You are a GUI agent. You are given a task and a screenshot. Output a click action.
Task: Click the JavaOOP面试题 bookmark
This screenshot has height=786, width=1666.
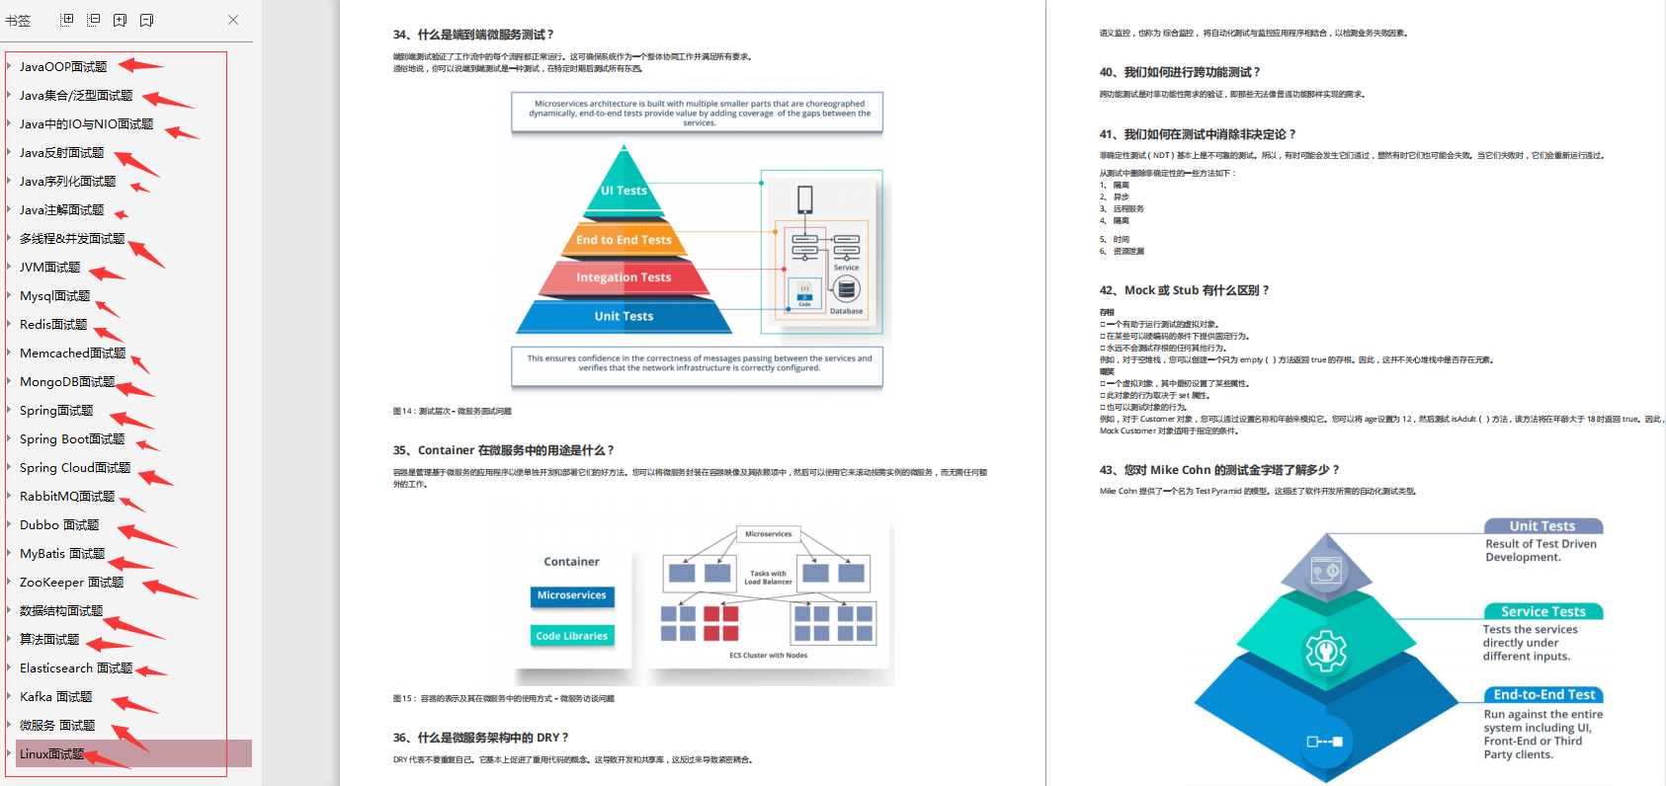(x=63, y=67)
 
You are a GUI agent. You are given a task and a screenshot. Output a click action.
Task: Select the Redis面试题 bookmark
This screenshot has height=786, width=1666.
(x=53, y=325)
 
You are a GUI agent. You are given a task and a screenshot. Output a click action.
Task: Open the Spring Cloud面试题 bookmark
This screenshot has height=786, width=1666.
(x=75, y=468)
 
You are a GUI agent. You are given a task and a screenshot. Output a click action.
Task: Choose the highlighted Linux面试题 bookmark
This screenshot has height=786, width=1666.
(x=51, y=754)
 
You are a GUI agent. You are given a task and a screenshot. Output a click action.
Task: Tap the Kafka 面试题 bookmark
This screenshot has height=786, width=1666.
(x=55, y=697)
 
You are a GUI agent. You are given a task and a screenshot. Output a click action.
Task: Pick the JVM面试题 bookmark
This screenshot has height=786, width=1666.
(x=49, y=268)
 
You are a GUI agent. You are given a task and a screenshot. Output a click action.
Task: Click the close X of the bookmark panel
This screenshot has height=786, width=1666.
(x=233, y=20)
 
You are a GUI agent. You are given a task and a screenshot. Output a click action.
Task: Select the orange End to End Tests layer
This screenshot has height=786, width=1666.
(x=624, y=240)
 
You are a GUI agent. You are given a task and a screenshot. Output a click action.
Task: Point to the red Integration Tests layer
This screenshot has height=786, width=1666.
(x=624, y=277)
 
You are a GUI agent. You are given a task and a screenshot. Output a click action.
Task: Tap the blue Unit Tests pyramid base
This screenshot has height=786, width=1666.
(x=624, y=316)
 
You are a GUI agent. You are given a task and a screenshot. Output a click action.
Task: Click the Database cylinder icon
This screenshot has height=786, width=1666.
(x=846, y=290)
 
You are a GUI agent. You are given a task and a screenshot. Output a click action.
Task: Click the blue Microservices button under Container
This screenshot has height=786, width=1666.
(x=571, y=595)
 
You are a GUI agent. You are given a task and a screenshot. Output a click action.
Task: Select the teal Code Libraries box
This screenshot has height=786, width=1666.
(x=571, y=636)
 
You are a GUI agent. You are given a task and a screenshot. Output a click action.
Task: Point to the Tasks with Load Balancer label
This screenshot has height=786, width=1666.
(x=768, y=578)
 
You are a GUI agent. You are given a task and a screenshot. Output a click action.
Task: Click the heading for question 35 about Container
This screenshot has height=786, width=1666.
(x=503, y=450)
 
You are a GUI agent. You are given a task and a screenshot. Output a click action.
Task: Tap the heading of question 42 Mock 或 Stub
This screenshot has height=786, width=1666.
(x=1184, y=290)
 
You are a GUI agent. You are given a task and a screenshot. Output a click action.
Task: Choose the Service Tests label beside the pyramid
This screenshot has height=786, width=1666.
(x=1542, y=612)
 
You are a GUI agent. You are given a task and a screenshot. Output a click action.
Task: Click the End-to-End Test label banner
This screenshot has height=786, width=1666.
(x=1543, y=695)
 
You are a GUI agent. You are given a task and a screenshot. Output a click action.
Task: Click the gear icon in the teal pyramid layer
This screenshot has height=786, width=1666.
(x=1325, y=652)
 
